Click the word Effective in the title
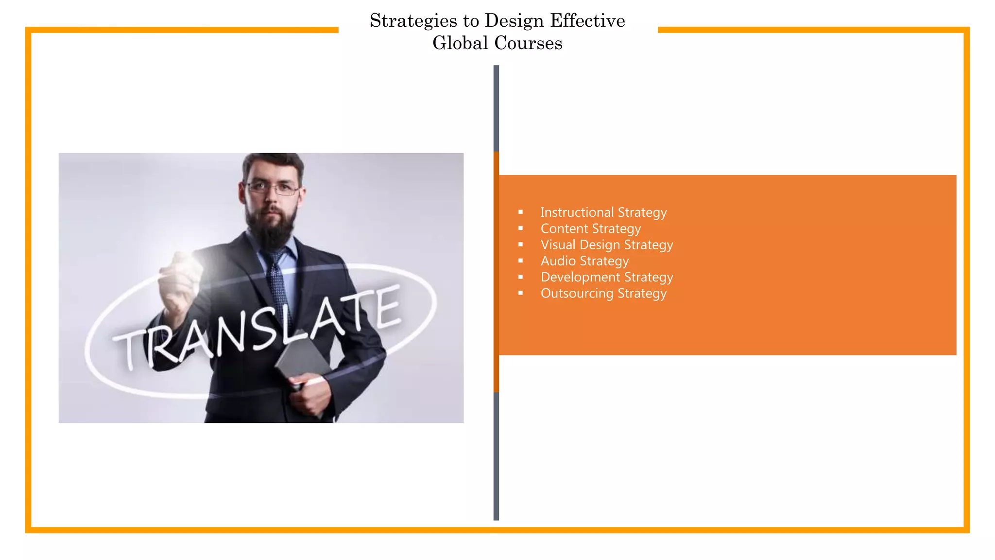(587, 20)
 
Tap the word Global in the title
(460, 43)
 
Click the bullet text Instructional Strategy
(603, 212)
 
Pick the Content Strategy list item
(590, 228)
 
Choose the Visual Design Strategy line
(607, 245)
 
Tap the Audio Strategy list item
(584, 261)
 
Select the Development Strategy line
(607, 277)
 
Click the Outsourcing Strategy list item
(603, 293)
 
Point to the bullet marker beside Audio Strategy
(520, 261)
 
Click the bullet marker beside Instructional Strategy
(520, 212)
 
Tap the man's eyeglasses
(273, 188)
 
